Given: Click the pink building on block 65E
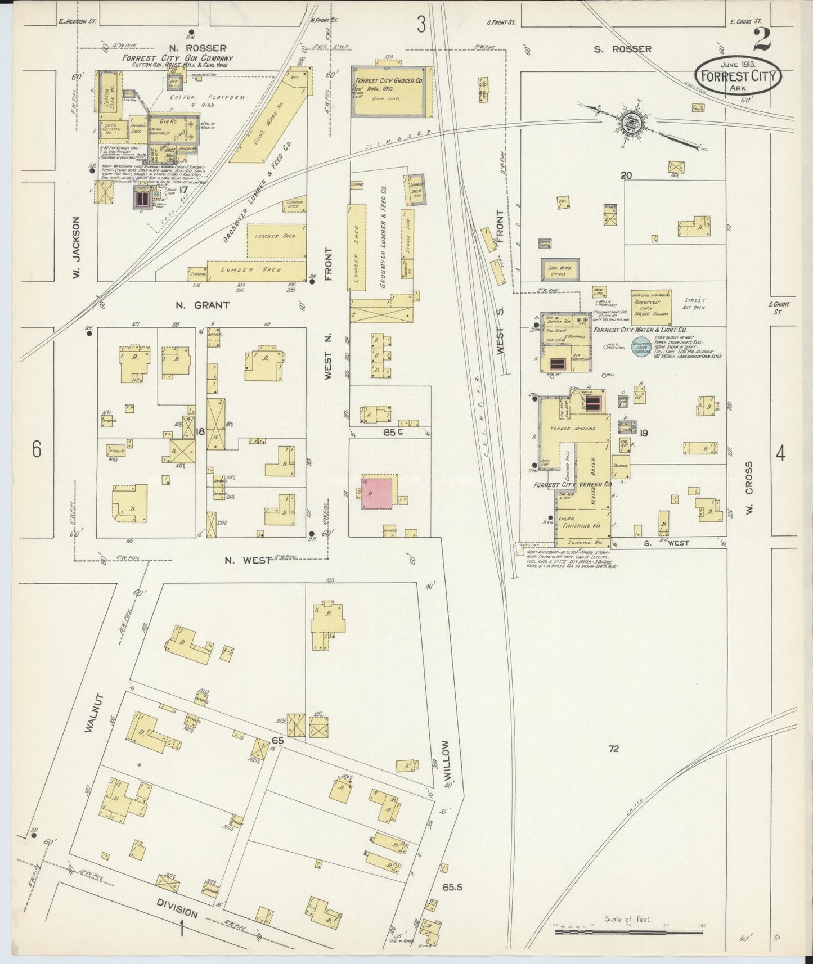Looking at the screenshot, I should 376,493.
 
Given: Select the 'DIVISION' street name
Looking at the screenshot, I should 177,906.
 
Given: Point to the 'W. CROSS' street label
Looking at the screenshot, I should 749,488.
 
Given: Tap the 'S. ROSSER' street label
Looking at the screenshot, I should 623,49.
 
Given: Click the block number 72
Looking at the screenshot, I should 613,749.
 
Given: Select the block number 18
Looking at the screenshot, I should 200,431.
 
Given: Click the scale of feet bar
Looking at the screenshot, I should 628,931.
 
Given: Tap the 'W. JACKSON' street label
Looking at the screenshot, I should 77,249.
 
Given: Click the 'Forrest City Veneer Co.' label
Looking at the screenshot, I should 573,484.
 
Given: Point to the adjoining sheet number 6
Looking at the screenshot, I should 37,449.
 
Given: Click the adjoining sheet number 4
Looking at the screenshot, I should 780,453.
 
